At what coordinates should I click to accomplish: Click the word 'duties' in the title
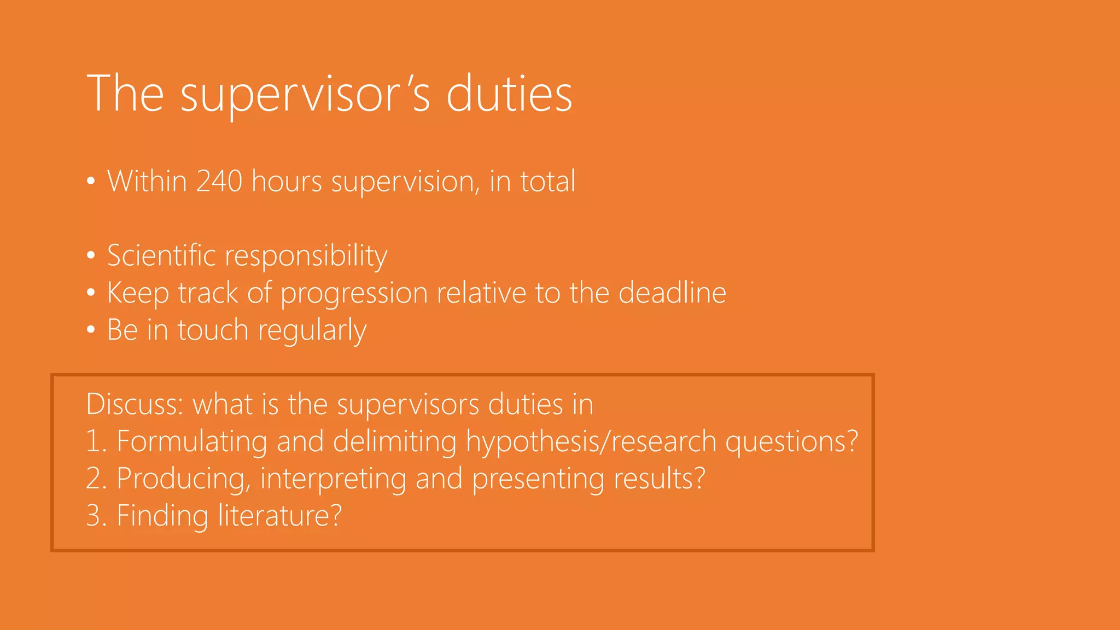(509, 94)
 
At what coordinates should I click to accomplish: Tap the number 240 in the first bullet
(219, 181)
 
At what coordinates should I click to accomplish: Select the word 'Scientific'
(161, 255)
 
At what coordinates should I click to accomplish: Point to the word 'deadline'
(672, 293)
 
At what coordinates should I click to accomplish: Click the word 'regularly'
(312, 330)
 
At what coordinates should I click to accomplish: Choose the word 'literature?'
(280, 516)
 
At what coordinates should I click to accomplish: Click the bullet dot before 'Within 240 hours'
(91, 181)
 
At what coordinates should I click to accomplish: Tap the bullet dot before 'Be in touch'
(91, 330)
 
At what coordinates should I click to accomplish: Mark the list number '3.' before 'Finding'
(96, 516)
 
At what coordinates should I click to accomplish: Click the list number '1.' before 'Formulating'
(96, 442)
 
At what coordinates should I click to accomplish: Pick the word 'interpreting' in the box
(333, 479)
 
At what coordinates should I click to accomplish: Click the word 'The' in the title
(125, 94)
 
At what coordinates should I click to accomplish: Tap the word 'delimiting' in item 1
(394, 442)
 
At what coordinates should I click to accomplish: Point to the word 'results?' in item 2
(660, 479)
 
